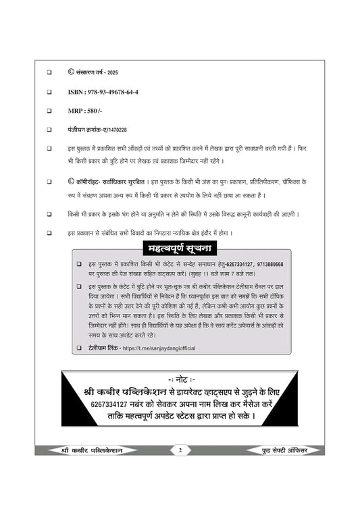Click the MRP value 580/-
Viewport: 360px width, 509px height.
click(x=97, y=109)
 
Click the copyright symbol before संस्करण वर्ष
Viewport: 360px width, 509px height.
click(x=72, y=71)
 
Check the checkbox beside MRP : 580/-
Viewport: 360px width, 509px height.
click(x=49, y=109)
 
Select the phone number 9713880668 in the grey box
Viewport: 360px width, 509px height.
click(x=266, y=264)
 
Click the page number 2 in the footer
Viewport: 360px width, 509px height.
click(x=180, y=450)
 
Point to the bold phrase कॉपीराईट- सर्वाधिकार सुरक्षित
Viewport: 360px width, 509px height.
click(x=115, y=182)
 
